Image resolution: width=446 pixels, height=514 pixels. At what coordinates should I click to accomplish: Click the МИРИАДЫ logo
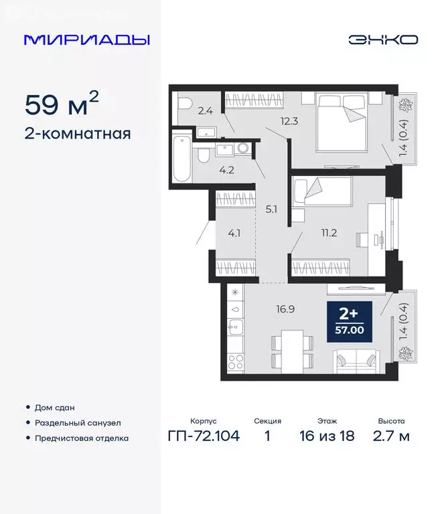(x=86, y=39)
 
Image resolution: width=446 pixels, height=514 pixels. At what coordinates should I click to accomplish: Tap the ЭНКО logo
(x=383, y=39)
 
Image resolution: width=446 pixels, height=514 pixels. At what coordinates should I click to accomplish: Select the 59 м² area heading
(x=62, y=105)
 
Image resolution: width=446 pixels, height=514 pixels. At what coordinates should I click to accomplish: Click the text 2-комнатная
(x=78, y=133)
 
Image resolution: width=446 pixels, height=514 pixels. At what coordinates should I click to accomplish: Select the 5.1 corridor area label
(x=271, y=208)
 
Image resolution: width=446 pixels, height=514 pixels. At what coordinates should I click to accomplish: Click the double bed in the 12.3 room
(x=342, y=120)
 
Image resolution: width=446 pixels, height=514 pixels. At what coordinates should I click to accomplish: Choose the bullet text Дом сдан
(x=56, y=407)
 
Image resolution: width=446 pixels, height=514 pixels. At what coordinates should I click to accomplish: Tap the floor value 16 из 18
(x=327, y=436)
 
